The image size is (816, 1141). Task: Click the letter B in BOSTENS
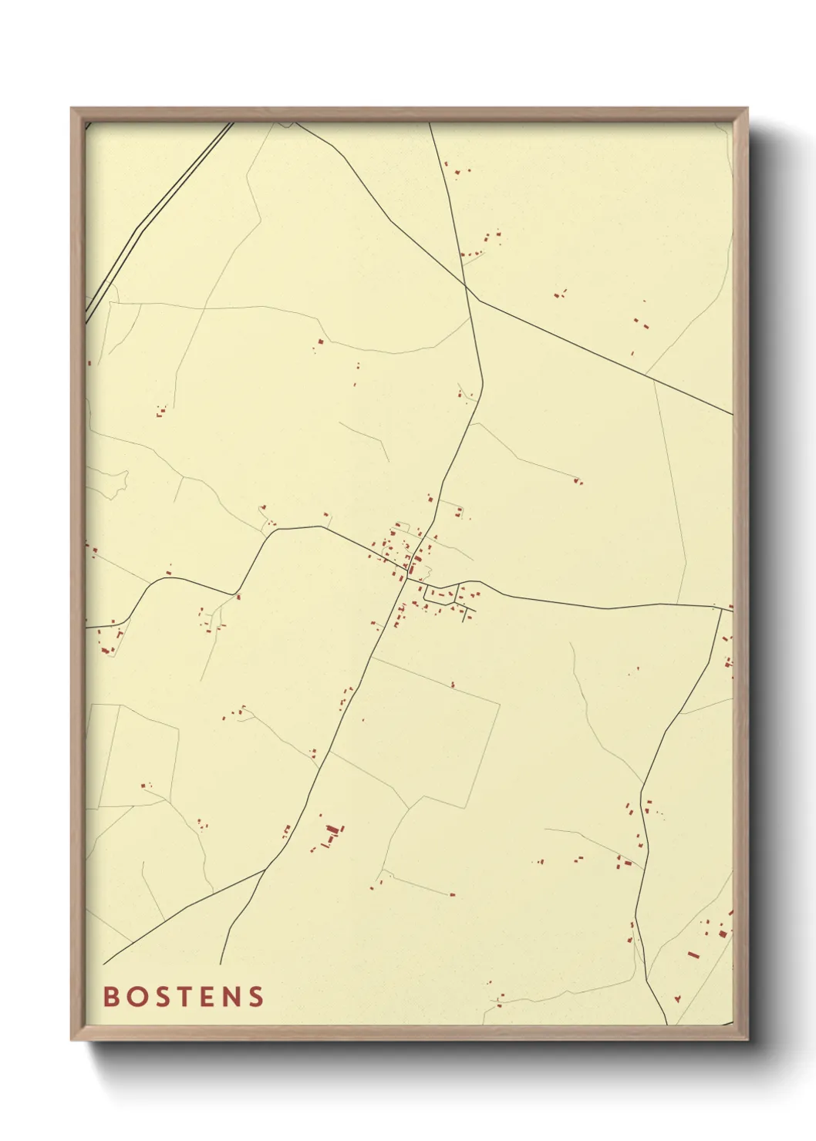point(111,997)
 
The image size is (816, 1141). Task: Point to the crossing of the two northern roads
point(466,288)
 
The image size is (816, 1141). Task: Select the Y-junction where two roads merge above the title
point(266,869)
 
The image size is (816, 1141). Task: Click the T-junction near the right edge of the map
point(722,608)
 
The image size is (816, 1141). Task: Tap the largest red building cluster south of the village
point(332,833)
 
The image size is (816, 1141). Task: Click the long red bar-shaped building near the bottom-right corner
point(693,954)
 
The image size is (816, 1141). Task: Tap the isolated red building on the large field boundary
point(453,684)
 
